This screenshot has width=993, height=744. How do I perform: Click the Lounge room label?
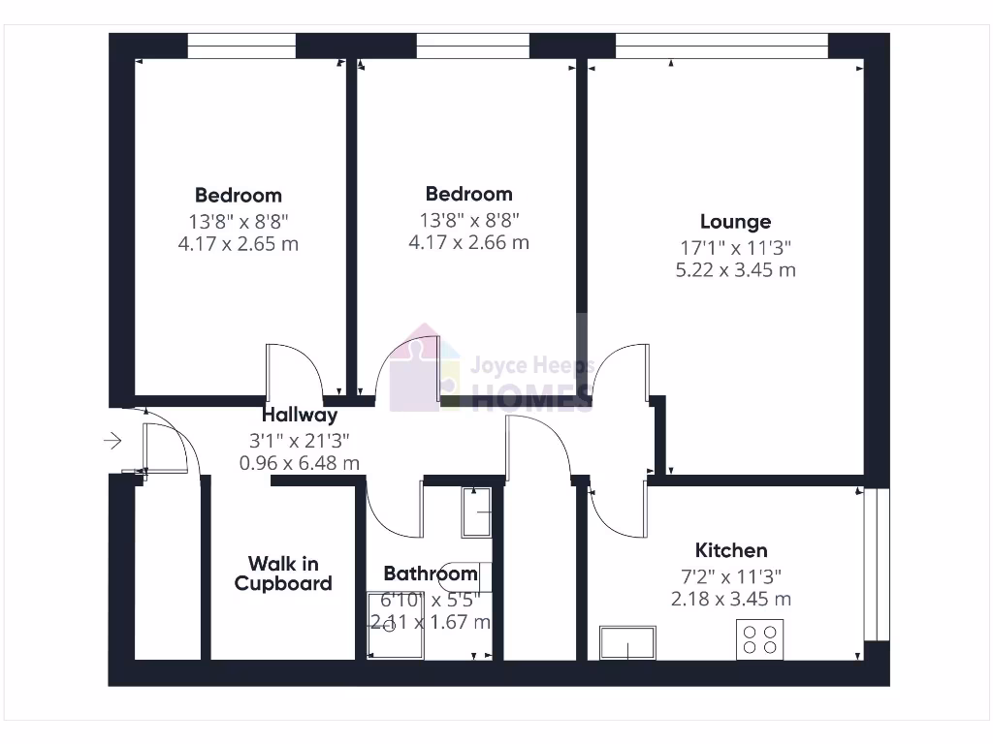735,222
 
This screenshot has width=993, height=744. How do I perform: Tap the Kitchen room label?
731,550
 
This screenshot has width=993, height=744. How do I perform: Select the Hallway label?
300,415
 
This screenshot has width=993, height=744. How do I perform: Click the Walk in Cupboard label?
283,573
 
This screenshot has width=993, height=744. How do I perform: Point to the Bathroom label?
431,573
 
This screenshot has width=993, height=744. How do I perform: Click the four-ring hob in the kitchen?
759,640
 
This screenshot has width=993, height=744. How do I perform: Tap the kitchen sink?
627,642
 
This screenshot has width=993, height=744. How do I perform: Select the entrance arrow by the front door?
112,442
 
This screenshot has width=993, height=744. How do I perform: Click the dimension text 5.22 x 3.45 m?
735,270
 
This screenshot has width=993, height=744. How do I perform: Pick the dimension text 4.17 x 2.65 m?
239,243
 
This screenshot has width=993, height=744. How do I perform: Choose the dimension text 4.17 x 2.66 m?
469,242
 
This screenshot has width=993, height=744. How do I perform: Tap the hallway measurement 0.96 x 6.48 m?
300,463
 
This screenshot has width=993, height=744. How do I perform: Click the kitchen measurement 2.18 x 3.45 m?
731,599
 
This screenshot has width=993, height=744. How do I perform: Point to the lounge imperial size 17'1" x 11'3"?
735,247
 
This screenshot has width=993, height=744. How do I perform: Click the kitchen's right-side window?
876,564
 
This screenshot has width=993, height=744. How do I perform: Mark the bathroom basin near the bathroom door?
477,511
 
